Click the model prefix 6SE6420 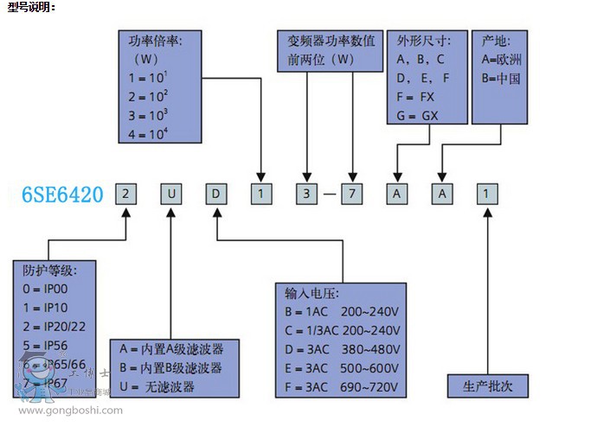tap(63, 194)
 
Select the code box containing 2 tap(125, 194)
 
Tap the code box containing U tap(171, 194)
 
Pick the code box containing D tap(215, 194)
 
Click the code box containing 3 tap(305, 194)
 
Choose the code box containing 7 tap(352, 194)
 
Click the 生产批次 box tap(488, 386)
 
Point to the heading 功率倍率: tap(155, 40)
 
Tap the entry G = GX tap(418, 114)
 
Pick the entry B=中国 tap(501, 78)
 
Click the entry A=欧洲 tap(501, 59)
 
